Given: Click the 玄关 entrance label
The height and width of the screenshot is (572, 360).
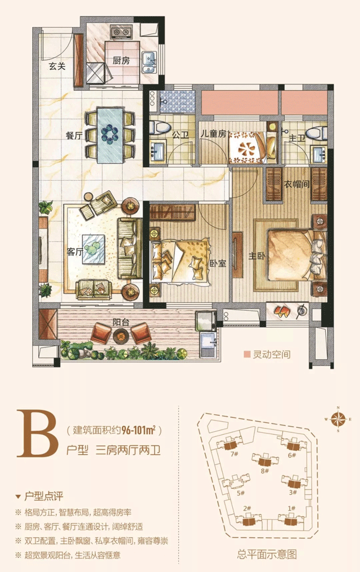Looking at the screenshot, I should (57, 66).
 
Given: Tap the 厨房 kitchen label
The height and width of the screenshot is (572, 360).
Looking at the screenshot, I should (121, 61).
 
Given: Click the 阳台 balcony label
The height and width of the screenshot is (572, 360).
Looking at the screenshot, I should (120, 323).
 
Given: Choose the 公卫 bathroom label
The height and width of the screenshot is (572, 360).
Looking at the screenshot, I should (180, 135).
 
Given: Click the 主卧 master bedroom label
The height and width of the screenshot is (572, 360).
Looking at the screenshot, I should (257, 256).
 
